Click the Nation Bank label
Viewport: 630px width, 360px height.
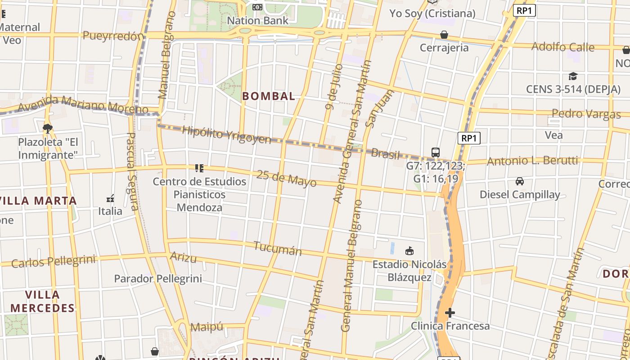click(257, 21)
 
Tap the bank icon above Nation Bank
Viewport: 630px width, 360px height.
click(257, 7)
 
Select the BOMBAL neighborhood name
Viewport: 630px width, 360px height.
click(269, 96)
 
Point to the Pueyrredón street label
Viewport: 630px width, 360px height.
click(113, 36)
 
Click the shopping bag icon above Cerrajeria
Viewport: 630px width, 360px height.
click(444, 35)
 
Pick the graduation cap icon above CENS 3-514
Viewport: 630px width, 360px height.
click(573, 76)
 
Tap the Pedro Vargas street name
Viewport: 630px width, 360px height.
click(586, 113)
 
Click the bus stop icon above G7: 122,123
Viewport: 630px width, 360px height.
click(435, 153)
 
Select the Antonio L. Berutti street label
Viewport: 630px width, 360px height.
click(532, 161)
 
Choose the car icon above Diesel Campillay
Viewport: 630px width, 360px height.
click(520, 181)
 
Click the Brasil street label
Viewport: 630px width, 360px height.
click(385, 154)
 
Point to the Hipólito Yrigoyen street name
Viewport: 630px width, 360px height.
click(226, 135)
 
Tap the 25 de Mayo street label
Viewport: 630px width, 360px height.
click(286, 179)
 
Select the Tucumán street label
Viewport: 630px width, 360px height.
click(278, 248)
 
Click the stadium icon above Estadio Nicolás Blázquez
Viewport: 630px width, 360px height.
click(409, 251)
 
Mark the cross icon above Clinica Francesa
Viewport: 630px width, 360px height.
click(450, 313)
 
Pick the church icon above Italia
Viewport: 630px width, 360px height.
click(110, 198)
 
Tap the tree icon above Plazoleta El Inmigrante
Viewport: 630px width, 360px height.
click(48, 129)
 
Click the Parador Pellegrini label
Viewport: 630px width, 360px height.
click(158, 279)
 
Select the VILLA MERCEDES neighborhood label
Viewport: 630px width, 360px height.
click(43, 301)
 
